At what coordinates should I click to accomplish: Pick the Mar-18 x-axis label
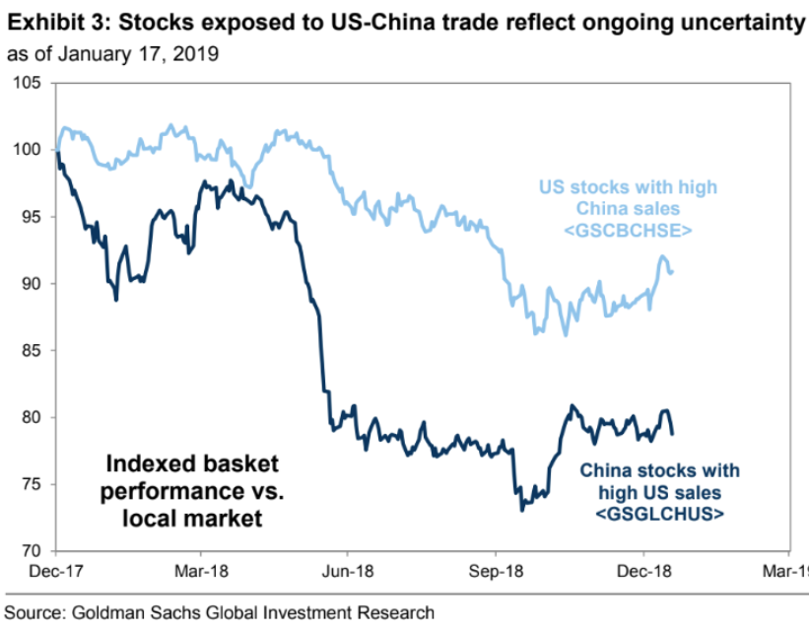(201, 570)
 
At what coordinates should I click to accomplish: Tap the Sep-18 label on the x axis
(495, 570)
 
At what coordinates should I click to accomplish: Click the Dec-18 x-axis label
(642, 570)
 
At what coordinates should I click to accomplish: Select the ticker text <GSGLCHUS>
(659, 514)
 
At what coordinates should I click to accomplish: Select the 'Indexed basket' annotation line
(192, 463)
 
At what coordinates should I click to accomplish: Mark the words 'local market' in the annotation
(192, 518)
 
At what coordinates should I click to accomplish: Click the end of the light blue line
(673, 271)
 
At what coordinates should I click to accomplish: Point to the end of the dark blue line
(673, 433)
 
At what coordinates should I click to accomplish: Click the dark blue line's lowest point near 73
(521, 510)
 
